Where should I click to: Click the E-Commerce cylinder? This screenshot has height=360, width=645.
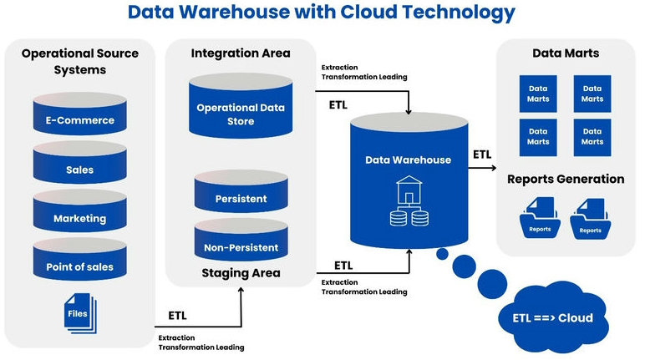point(80,119)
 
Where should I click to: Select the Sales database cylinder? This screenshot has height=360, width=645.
point(80,169)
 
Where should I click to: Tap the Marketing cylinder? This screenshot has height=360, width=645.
point(80,218)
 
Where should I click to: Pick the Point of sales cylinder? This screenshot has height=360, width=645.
point(80,266)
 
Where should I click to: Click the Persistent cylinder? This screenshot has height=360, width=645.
point(241,199)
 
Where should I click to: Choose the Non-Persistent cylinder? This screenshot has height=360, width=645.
point(241,247)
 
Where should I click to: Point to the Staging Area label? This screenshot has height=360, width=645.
point(241,273)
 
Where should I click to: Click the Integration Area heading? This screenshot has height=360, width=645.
point(241,53)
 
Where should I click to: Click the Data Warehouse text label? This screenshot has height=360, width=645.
point(409,160)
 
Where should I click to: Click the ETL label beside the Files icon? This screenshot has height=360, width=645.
point(177,316)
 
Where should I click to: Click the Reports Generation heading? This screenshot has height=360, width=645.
point(566,179)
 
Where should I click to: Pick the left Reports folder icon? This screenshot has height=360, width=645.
point(539,219)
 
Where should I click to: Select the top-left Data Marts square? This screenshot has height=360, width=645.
point(539,94)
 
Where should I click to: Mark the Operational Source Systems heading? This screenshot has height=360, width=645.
point(80,61)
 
